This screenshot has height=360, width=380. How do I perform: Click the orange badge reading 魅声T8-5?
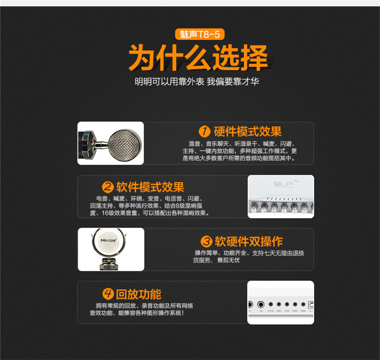point(200,34)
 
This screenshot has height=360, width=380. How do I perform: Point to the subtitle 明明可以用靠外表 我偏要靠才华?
point(197,82)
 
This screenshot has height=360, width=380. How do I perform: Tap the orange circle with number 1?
point(205,131)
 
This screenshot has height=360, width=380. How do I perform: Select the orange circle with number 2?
point(108,187)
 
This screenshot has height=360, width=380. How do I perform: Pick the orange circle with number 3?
point(207,242)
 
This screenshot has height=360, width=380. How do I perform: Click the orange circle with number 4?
point(108,294)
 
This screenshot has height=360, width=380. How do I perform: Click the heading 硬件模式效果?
point(247,132)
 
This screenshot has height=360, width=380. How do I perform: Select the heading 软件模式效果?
point(150,187)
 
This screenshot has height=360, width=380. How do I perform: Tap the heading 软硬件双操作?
point(249,242)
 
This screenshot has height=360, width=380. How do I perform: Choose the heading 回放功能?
point(139,294)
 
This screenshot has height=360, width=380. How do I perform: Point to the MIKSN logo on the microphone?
point(108,241)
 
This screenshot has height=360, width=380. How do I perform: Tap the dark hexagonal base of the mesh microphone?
point(87,145)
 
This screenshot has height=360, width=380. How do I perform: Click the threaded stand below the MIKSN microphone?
point(109,264)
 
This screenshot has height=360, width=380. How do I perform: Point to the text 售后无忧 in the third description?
point(229,260)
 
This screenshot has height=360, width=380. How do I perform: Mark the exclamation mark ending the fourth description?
point(183,313)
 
